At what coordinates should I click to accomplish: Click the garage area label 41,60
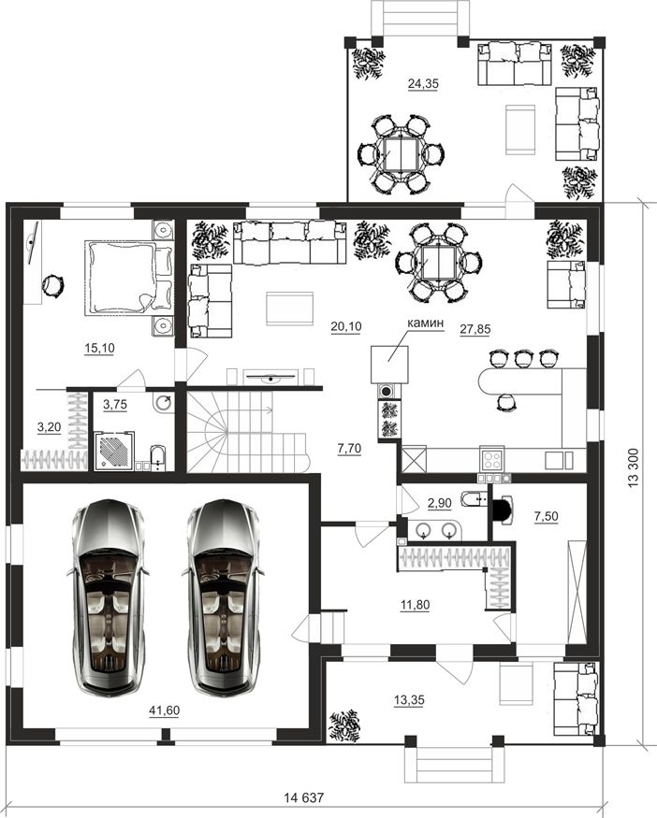pos(164,710)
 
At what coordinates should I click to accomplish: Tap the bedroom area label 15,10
pos(99,348)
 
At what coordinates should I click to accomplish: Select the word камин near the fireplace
pos(426,323)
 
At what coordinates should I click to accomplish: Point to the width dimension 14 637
pos(304,797)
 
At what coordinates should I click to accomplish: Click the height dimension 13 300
pos(634,468)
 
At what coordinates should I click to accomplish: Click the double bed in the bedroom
pos(128,278)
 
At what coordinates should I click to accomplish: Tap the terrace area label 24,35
pos(423,83)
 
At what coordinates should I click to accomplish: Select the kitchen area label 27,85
pos(475,329)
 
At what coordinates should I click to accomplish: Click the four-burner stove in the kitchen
pos(492,460)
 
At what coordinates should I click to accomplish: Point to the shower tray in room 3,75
pos(114,452)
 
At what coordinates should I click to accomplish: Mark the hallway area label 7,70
pos(349,448)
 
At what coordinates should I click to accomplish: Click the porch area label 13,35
pos(409,699)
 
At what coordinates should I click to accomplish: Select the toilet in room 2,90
pos(474,499)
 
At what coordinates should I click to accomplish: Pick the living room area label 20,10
pos(346,326)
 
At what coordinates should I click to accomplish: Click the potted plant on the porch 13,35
pos(344,725)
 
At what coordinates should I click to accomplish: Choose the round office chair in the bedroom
pos(52,286)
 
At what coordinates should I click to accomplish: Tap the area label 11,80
pos(415,605)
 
